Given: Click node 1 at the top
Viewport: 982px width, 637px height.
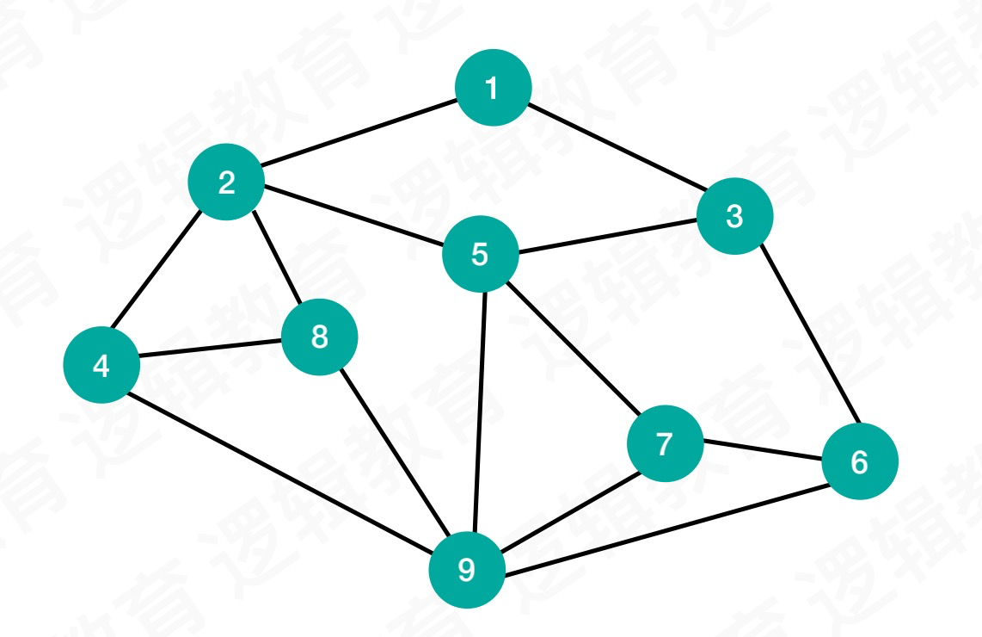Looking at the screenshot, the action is click(493, 88).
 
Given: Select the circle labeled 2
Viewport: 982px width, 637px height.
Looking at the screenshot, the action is click(226, 182).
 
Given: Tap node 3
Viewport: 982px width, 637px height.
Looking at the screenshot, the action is click(734, 216).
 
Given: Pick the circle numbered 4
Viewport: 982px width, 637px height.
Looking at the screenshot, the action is click(101, 366).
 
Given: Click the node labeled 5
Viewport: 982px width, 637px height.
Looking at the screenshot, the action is click(480, 254).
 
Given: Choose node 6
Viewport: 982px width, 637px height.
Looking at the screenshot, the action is click(859, 462).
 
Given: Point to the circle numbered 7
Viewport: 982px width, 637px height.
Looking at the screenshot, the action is click(664, 445).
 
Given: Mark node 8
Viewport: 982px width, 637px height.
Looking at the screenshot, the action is click(319, 337).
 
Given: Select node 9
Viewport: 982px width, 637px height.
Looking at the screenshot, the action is click(466, 569).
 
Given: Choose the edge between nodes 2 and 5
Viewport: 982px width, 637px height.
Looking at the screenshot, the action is click(353, 218).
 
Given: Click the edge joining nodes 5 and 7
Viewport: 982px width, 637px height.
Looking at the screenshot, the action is click(571, 349).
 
